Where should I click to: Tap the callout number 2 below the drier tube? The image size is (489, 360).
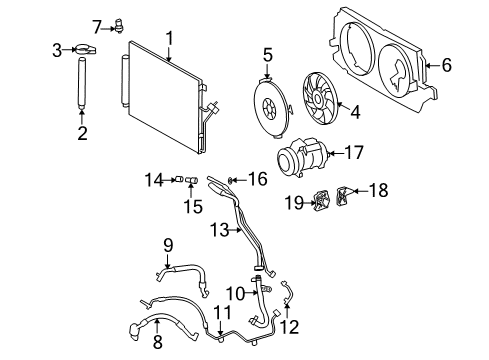click(x=82, y=133)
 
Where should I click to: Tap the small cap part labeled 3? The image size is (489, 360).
click(x=86, y=47)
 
